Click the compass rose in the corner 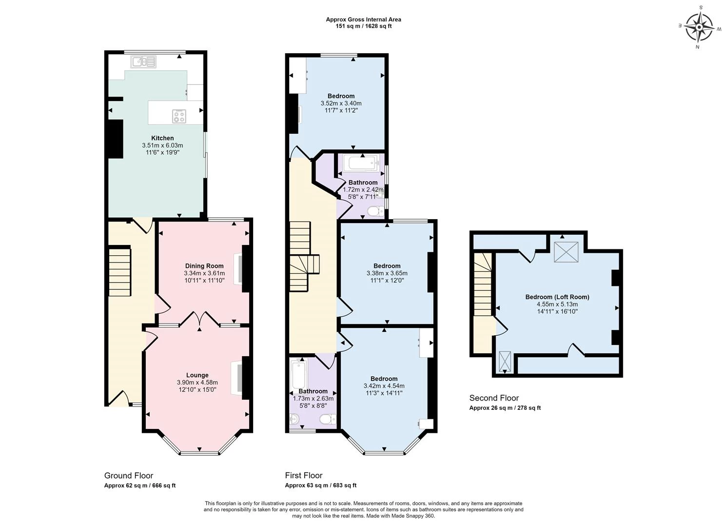coord(699,27)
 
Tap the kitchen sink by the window coord(143,62)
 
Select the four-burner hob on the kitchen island coord(179,116)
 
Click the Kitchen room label coord(162,138)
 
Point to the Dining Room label coord(204,266)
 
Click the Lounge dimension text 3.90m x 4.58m coord(197,383)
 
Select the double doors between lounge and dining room coord(199,320)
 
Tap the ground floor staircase coord(119,272)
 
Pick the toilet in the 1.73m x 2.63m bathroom coord(328,419)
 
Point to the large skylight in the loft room coord(566,252)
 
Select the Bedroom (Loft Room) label coord(557,297)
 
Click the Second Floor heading coord(493,398)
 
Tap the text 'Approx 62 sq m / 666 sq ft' coord(139,486)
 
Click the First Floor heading coord(303,475)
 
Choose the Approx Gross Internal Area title coord(363,20)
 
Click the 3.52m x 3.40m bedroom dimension coord(341,103)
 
